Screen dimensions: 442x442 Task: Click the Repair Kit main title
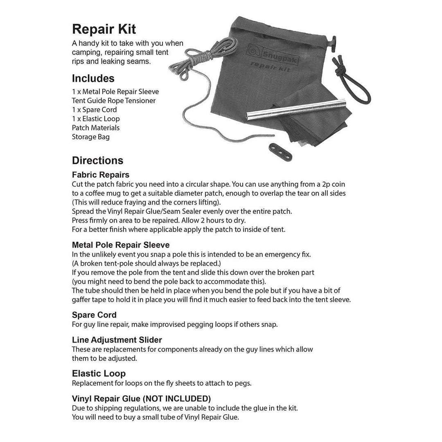pyautogui.click(x=104, y=29)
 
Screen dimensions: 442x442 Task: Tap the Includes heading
pyautogui.click(x=93, y=79)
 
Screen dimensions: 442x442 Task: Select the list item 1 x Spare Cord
pyautogui.click(x=94, y=110)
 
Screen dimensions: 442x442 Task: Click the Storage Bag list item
pyautogui.click(x=90, y=137)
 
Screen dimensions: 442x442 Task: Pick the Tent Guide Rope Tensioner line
pyautogui.click(x=113, y=101)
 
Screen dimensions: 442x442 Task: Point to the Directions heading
pyautogui.click(x=97, y=160)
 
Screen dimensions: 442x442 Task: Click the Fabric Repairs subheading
pyautogui.click(x=100, y=175)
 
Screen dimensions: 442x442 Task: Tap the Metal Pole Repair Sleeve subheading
pyautogui.click(x=120, y=245)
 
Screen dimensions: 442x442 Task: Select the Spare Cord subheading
pyautogui.click(x=94, y=315)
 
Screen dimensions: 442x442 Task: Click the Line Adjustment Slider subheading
pyautogui.click(x=117, y=340)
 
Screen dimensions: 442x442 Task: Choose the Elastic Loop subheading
pyautogui.click(x=99, y=373)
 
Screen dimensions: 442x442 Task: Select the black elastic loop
pyautogui.click(x=353, y=82)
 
